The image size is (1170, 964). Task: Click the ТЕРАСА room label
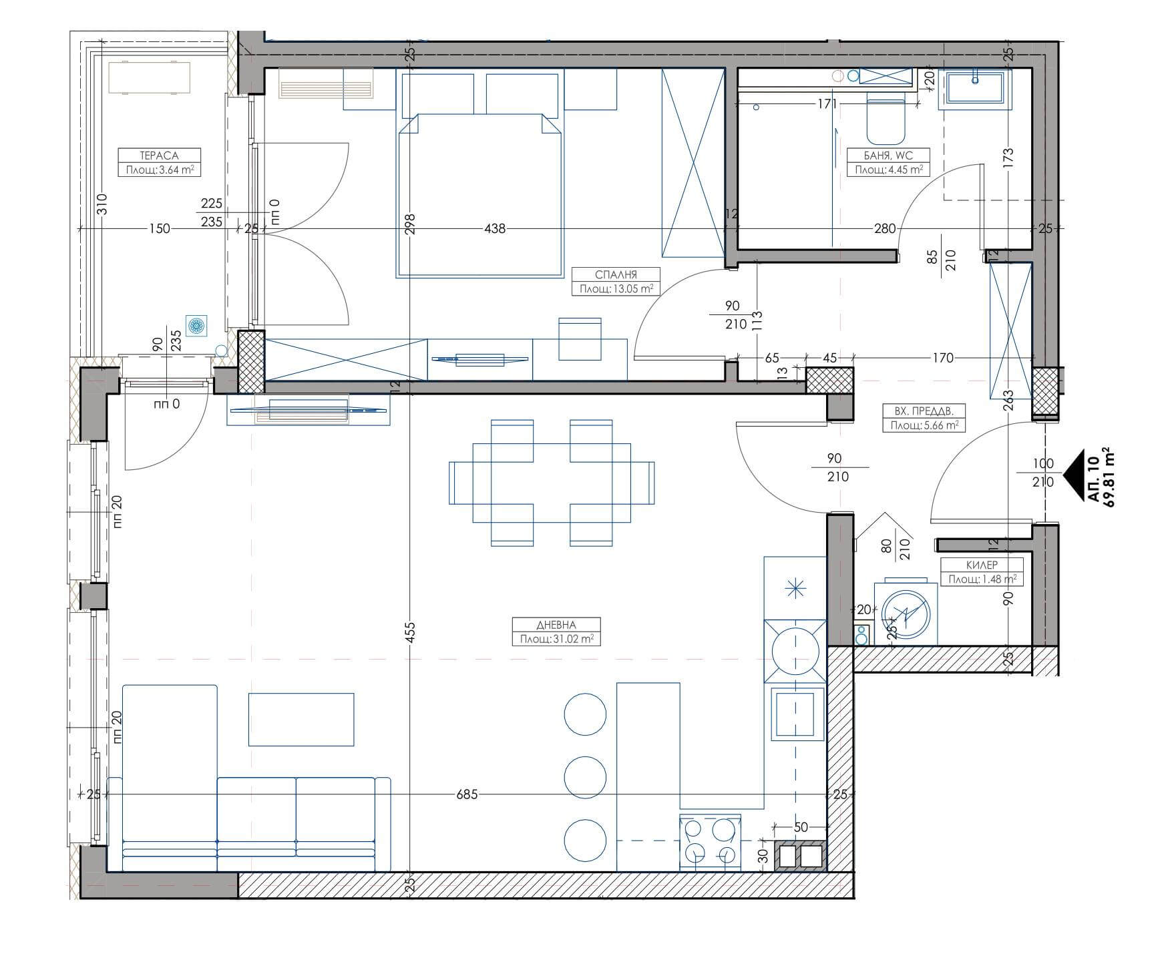(x=160, y=156)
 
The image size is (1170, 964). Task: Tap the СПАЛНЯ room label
(x=616, y=274)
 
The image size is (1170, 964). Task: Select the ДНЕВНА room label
(x=556, y=625)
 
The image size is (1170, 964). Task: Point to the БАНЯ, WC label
(x=888, y=156)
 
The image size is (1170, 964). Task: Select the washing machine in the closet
(x=905, y=612)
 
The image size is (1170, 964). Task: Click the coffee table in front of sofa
(x=301, y=719)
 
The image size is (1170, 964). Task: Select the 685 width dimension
(x=466, y=794)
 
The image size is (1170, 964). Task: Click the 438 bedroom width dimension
(x=495, y=228)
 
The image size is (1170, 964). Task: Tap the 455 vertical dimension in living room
(x=410, y=632)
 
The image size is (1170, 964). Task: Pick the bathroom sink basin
(x=976, y=89)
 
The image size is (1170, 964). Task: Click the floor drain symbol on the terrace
(x=196, y=326)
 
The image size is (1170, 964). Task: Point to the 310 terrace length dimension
(x=102, y=204)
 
